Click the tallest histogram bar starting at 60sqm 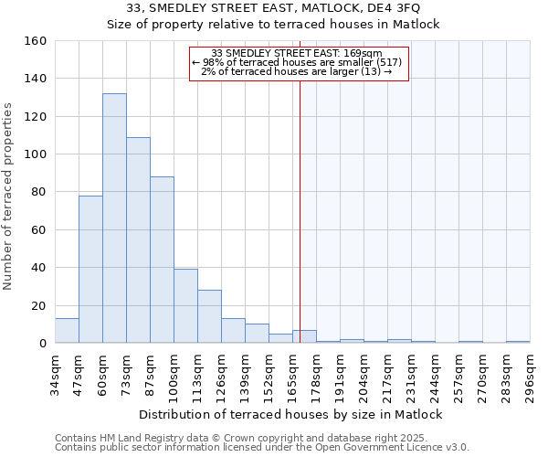114,218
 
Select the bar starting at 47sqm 90,270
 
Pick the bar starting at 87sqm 162,260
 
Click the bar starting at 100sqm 185,306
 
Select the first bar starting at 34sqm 67,331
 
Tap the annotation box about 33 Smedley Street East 299,63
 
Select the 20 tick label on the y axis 38,306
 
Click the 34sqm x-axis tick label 56,375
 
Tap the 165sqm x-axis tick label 293,375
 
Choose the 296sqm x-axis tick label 531,375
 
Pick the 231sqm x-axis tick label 412,375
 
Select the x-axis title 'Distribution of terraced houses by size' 293,414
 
